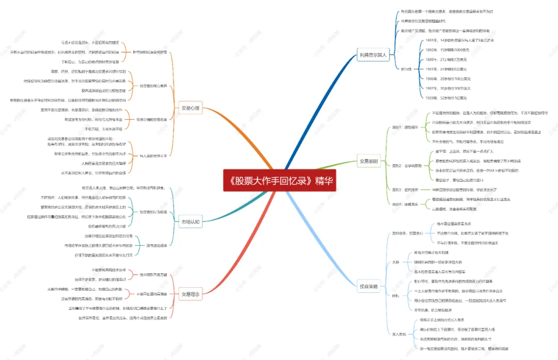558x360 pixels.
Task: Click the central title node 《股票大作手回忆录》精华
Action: [280, 182]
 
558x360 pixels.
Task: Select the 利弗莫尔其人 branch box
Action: [374, 55]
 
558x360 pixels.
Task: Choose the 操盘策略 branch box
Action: [369, 286]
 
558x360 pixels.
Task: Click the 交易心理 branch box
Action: [190, 108]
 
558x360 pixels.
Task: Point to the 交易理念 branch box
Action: [190, 294]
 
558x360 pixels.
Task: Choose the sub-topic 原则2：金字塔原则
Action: [407, 166]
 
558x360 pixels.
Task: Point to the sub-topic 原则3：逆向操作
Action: [405, 190]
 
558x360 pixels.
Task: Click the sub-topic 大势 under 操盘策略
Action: [396, 262]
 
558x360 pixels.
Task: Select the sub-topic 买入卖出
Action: [399, 334]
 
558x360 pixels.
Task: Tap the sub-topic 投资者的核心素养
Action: [153, 86]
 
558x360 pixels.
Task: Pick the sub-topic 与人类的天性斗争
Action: [153, 155]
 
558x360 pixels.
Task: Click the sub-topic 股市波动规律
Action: [157, 245]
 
